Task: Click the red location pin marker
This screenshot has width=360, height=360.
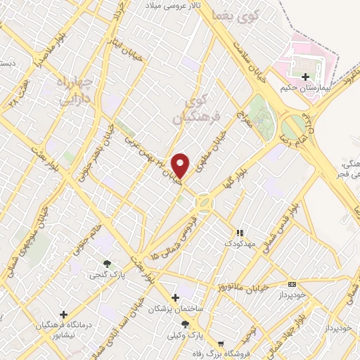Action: click(181, 165)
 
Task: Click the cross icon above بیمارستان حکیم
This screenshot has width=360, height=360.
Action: click(304, 77)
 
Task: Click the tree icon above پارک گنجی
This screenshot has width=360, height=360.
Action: click(107, 264)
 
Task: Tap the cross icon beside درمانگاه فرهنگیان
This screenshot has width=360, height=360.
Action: click(64, 314)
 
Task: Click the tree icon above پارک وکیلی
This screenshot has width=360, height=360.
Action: click(185, 323)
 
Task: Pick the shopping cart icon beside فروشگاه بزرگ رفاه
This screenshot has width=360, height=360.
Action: click(222, 345)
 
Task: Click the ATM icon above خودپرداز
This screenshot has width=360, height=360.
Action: click(292, 284)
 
